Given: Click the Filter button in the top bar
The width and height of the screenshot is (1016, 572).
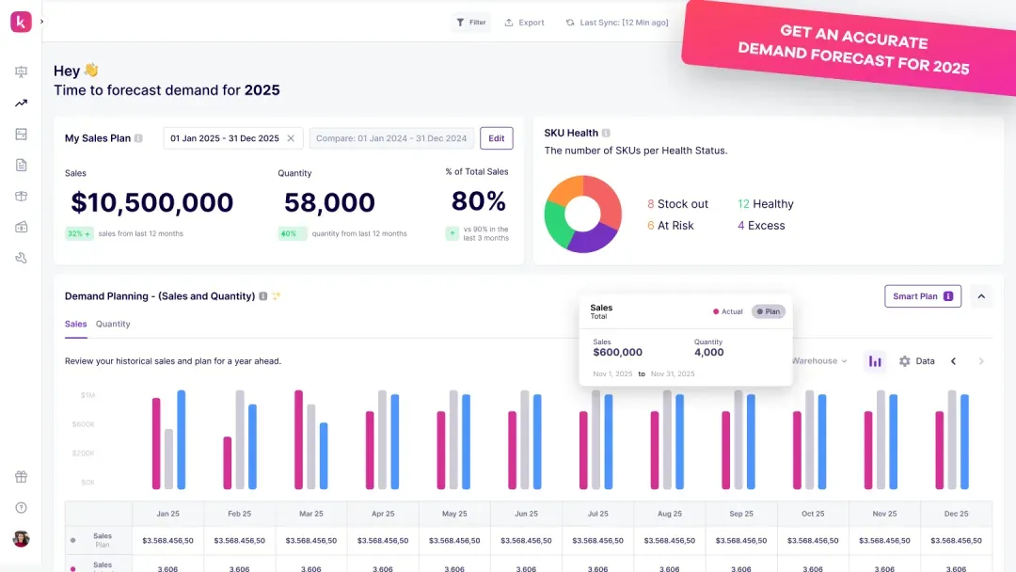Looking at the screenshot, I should [471, 23].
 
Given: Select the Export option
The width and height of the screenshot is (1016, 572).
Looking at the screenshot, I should [524, 23].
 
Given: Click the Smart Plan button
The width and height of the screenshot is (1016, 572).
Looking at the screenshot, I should [922, 296].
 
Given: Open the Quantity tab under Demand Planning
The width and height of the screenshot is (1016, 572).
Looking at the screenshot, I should [113, 324].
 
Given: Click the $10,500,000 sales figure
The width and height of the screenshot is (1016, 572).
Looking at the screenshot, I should [152, 202].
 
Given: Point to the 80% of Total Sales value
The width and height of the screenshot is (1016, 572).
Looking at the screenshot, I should [478, 201].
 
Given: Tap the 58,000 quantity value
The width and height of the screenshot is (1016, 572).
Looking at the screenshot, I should [329, 202].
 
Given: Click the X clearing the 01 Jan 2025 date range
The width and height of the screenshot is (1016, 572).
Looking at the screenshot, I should [291, 138].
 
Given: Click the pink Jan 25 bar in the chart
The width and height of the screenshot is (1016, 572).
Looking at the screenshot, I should [156, 442].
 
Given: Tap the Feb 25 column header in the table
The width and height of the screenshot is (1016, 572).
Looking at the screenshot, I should [240, 514].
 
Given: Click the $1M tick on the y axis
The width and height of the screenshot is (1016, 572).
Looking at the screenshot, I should [87, 395].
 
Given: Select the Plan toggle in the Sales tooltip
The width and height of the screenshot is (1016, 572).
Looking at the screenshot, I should [768, 311].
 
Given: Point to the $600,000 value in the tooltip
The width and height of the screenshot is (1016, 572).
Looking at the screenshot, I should [617, 353].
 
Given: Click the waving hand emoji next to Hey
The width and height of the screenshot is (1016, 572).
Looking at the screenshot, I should [91, 71].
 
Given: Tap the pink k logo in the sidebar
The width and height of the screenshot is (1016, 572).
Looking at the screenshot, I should [21, 22].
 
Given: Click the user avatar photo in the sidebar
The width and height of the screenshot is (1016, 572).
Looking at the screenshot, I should [21, 538].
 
